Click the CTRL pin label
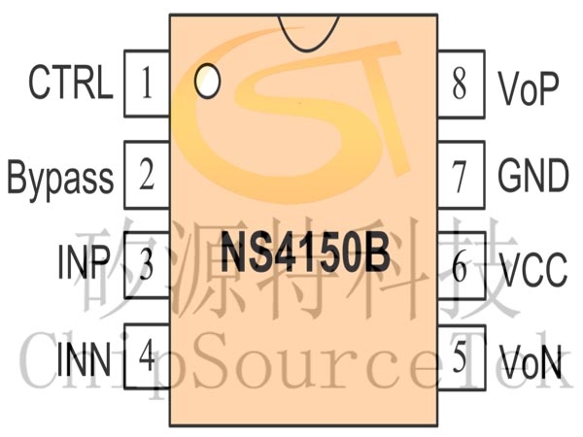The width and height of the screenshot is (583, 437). click(71, 83)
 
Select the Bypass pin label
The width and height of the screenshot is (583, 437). click(60, 179)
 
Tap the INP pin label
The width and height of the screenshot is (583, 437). click(84, 261)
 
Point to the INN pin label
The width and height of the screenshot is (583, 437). click(84, 358)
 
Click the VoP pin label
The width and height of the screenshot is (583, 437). click(529, 87)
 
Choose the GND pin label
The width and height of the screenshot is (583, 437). click(533, 175)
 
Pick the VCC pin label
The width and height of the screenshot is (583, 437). click(533, 269)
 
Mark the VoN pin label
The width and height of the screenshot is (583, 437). click(531, 361)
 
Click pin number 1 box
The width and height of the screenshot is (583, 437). click(147, 84)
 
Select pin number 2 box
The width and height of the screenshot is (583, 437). click(147, 174)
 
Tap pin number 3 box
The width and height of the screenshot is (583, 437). click(147, 265)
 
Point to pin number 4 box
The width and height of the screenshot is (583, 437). click(147, 356)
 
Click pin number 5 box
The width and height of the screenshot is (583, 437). click(462, 357)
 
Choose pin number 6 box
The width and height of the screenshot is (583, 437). click(462, 265)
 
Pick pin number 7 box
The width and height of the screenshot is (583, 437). click(462, 175)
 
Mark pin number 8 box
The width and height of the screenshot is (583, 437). click(462, 84)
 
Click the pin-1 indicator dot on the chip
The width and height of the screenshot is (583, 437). click(208, 81)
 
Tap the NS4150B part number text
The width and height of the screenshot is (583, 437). click(305, 252)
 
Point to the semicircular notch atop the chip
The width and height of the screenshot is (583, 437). click(308, 49)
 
